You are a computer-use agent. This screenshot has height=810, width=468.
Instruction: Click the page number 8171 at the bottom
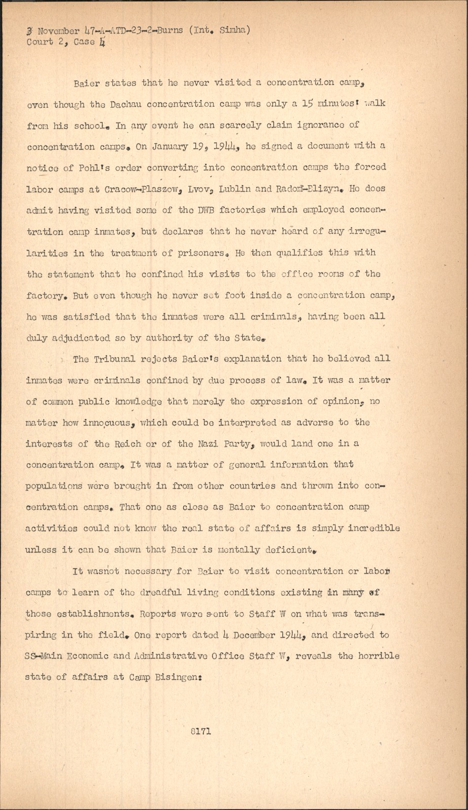201,732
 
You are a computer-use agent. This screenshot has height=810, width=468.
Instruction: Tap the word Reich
128,444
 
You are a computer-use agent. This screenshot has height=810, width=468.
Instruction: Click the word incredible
374,528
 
